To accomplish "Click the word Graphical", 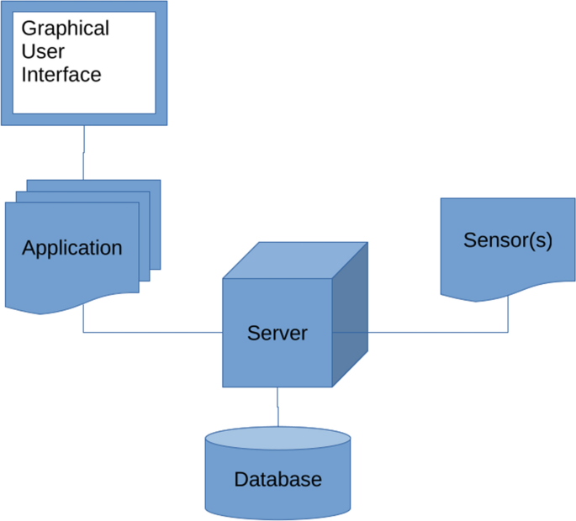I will tap(65, 29).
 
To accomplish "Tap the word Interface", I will tap(61, 75).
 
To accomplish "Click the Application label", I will tap(71, 249).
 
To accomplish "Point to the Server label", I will tap(277, 333).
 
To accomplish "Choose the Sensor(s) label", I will tap(507, 240).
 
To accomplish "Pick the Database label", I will tap(277, 480).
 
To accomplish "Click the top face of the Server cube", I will tap(294, 260).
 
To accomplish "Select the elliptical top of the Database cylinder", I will tap(277, 439).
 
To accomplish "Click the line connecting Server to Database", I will tap(277, 407).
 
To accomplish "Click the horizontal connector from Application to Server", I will tap(151, 332).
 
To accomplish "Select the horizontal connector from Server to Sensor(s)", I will tap(437, 332).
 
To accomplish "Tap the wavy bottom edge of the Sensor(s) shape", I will tap(508, 293).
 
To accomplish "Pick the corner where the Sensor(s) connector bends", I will tap(508, 332).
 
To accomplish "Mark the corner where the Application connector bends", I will tap(83, 332).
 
